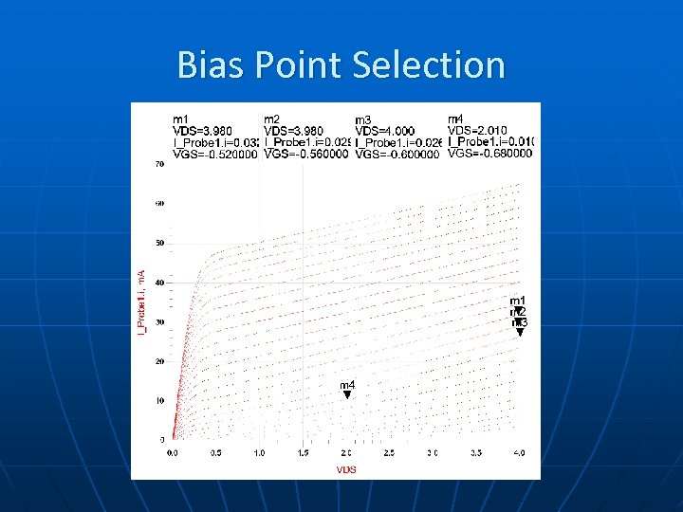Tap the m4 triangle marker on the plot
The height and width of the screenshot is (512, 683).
[x=347, y=394]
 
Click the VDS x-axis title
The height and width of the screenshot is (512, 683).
[x=346, y=470]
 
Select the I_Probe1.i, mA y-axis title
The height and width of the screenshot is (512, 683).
[x=143, y=301]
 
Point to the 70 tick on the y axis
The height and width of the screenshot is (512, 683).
[x=159, y=164]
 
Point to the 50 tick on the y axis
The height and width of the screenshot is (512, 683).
[x=159, y=243]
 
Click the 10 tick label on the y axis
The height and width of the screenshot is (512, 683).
[x=159, y=400]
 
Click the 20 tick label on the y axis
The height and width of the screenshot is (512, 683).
[x=159, y=361]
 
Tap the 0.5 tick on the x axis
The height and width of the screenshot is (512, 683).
[x=216, y=453]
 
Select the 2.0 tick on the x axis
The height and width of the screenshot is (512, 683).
[x=346, y=453]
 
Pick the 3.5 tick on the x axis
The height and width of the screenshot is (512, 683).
[x=476, y=453]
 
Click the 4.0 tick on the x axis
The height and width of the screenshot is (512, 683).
[x=520, y=453]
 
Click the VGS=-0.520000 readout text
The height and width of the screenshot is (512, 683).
[x=215, y=154]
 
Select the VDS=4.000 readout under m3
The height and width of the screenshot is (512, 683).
[x=384, y=131]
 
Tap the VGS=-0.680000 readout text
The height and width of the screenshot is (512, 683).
[x=489, y=154]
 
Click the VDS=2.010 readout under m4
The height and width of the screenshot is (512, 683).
[x=476, y=130]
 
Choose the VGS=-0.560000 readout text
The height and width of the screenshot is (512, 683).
[x=306, y=154]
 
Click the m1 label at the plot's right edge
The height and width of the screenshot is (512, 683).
[x=518, y=301]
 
